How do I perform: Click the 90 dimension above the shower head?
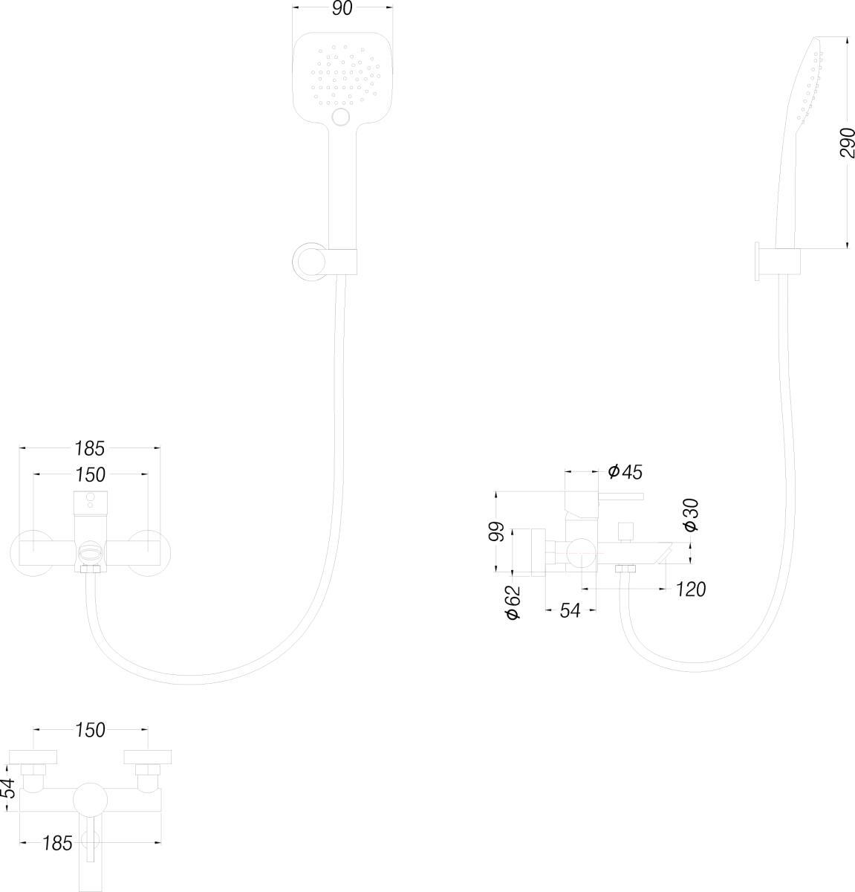tap(342, 9)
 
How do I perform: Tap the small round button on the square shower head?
tap(342, 116)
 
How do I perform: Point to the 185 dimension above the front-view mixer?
tap(89, 448)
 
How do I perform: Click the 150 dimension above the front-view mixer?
tap(89, 474)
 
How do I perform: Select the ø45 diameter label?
tap(625, 471)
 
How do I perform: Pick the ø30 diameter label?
tap(690, 514)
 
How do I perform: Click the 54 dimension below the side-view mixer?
tap(569, 611)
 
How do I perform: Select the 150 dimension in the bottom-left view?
tap(90, 731)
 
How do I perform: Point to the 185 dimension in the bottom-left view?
tap(57, 843)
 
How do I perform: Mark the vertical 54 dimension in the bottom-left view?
tap(8, 787)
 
